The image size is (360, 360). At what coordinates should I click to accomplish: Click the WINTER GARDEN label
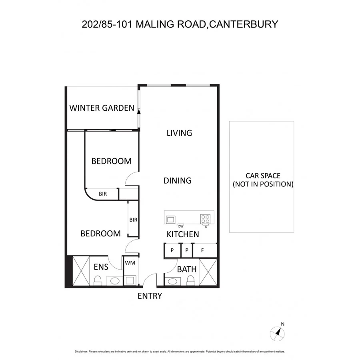point(102,108)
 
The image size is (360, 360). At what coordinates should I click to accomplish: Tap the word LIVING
point(179,133)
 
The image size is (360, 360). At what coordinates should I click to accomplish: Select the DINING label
point(178,181)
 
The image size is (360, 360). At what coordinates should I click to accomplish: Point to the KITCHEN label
point(183,234)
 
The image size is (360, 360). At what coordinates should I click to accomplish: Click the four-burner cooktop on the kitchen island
point(206,219)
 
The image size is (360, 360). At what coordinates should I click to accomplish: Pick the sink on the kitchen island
point(171,219)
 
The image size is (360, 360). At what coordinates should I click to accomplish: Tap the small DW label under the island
point(180,226)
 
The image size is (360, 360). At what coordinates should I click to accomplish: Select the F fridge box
point(203,250)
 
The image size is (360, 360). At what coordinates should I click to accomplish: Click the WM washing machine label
point(130,263)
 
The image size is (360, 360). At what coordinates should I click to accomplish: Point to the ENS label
point(101,267)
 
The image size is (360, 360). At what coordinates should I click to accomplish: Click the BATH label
point(187,269)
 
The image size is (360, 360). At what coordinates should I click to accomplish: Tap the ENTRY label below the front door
point(150,296)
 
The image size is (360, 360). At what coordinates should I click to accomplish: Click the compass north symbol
point(278,332)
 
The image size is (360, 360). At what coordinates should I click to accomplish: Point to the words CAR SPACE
point(263,176)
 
